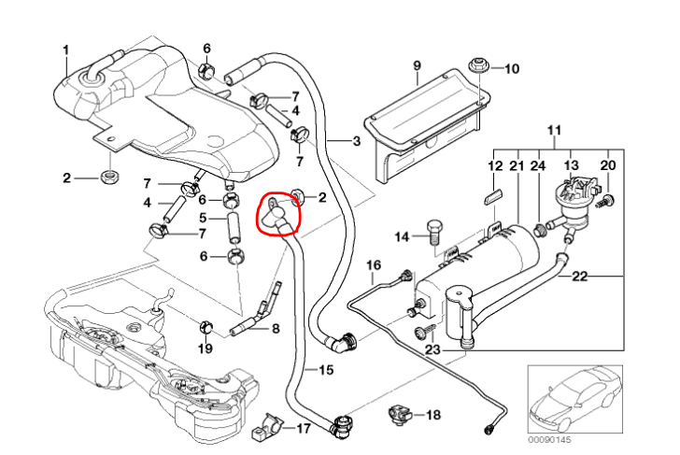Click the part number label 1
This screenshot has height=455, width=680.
[x=66, y=50]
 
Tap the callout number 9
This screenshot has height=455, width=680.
[x=418, y=64]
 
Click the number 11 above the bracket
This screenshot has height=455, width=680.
[x=552, y=129]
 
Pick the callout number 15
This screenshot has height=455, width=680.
[x=325, y=370]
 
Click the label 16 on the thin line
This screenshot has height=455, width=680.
[x=374, y=265]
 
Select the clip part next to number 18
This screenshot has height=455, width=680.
[x=399, y=412]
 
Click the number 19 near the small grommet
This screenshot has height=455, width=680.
[x=205, y=348]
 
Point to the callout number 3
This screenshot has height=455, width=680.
[x=355, y=142]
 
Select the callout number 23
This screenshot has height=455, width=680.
[x=432, y=349]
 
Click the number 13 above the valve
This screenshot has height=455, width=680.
[x=572, y=164]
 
